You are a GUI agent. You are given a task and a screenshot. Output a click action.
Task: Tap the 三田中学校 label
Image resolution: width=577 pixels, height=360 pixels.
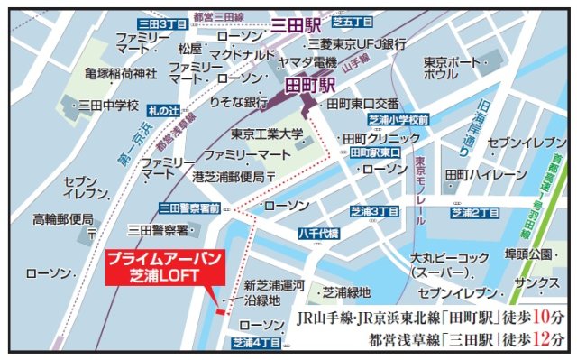click(108, 106)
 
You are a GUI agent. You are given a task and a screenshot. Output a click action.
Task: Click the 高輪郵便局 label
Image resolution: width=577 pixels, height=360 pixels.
click(63, 218)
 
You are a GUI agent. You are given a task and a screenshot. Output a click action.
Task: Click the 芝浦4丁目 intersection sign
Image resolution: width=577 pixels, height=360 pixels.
click(257, 342)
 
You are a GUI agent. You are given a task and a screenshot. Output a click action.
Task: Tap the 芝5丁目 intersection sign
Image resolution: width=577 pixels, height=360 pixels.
click(351, 21)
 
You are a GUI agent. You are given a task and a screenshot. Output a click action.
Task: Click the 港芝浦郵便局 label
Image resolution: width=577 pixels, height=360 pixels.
click(231, 176)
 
